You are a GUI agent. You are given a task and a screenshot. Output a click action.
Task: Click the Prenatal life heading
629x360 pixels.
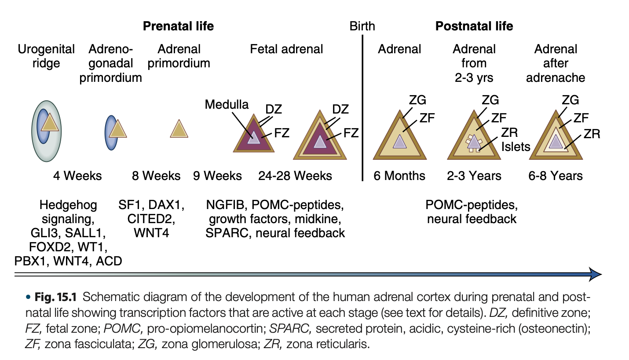[178, 26]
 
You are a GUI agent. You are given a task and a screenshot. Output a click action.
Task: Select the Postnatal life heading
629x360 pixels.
[474, 26]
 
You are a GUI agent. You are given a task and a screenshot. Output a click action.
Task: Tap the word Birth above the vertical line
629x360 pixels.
[362, 26]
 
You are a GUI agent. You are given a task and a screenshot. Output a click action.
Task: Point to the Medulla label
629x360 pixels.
[227, 105]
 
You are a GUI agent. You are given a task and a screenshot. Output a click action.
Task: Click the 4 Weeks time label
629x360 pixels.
[77, 176]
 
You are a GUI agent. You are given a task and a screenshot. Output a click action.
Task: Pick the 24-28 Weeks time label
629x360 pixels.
[295, 176]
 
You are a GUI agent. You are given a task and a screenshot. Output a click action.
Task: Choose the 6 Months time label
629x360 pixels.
[399, 176]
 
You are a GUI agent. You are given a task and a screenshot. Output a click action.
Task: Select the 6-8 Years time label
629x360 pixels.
[556, 176]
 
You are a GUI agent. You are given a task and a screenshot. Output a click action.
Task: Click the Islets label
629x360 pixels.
[516, 146]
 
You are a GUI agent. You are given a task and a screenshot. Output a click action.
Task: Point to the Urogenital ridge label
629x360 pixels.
[46, 56]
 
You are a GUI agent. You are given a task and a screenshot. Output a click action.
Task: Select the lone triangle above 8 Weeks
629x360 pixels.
[179, 129]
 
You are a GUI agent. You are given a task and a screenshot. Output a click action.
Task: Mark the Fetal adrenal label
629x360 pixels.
[286, 49]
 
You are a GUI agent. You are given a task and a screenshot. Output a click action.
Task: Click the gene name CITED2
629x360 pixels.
[151, 219]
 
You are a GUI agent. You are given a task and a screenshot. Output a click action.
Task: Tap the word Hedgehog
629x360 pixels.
[68, 205]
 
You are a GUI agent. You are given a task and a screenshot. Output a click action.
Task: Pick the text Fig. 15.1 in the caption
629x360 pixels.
[58, 297]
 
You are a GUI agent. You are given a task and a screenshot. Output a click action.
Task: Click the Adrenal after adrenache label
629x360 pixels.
[556, 63]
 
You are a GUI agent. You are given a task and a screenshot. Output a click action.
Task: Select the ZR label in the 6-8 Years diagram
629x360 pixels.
[592, 134]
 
